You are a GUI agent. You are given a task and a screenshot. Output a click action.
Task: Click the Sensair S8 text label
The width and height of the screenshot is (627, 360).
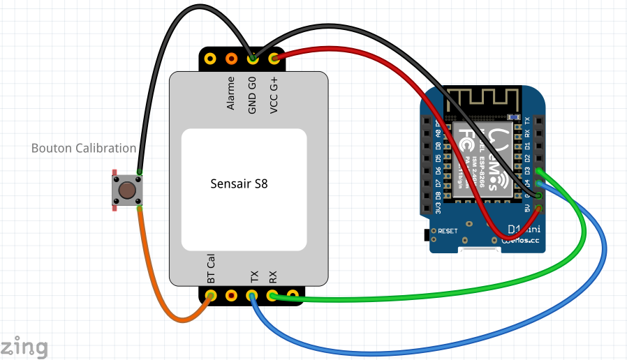[x=239, y=184]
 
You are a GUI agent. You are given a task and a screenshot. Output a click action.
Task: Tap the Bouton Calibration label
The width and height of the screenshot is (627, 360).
[x=84, y=148]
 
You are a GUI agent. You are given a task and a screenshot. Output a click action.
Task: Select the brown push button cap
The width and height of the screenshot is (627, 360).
[x=126, y=190]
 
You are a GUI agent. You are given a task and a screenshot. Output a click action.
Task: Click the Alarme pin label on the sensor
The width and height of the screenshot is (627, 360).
[x=231, y=93]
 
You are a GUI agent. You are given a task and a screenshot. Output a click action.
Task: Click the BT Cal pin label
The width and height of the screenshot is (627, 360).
[x=211, y=269]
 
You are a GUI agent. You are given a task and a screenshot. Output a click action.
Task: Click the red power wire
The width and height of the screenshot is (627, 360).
[x=391, y=77]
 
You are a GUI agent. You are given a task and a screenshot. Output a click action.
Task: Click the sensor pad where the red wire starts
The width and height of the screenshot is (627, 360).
[x=274, y=59]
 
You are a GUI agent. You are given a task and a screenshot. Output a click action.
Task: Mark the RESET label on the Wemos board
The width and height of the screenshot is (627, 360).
[x=447, y=230]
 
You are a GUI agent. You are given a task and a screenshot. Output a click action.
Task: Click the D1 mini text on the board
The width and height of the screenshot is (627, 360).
[x=523, y=229]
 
